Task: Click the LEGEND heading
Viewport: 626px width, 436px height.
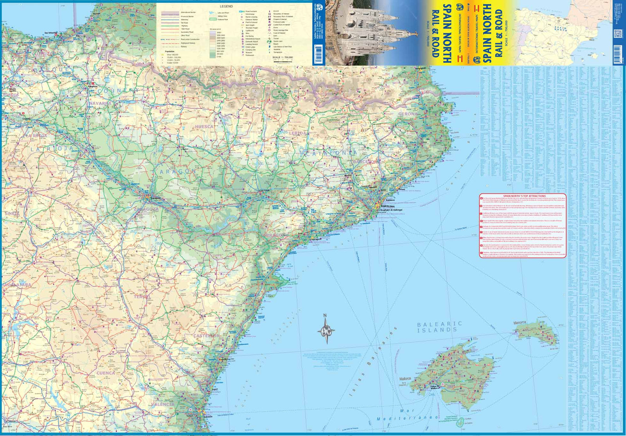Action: [x=226, y=6]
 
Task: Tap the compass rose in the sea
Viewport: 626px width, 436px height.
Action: [x=326, y=330]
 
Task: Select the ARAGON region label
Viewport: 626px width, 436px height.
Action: [x=177, y=172]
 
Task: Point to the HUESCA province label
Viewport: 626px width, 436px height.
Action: [x=204, y=127]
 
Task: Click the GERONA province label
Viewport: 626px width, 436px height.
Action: [x=408, y=114]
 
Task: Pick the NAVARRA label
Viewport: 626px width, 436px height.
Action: [x=100, y=103]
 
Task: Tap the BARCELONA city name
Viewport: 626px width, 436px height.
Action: [x=385, y=206]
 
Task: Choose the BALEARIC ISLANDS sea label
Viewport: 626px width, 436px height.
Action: [x=439, y=327]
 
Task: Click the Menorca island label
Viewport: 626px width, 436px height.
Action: [x=520, y=323]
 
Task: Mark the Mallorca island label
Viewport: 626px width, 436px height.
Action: [x=405, y=379]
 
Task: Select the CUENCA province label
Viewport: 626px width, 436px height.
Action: [x=106, y=373]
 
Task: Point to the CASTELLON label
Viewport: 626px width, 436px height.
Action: [x=207, y=336]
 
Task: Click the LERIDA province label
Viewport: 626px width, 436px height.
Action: [x=297, y=133]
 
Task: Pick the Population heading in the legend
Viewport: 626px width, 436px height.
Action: [x=169, y=51]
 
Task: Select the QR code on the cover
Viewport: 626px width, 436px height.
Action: [x=617, y=34]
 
